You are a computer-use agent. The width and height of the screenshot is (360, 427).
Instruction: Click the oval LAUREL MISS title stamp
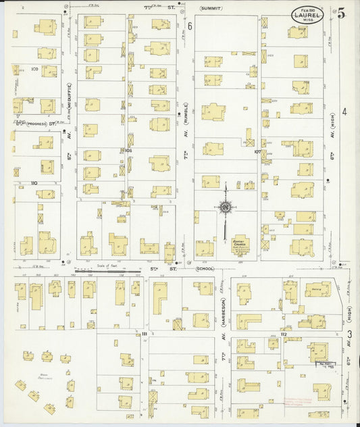click(307, 14)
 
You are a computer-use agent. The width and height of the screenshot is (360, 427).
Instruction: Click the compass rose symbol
click(225, 207)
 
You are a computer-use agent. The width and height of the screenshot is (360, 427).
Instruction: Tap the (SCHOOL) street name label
click(204, 268)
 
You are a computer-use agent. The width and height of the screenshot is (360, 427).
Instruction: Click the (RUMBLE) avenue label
click(186, 111)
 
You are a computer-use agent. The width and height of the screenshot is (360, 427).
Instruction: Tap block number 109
click(35, 69)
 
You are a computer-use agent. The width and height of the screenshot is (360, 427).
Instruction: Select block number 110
click(33, 182)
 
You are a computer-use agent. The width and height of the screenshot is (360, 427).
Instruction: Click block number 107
click(257, 151)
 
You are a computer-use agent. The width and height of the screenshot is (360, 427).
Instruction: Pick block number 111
click(144, 334)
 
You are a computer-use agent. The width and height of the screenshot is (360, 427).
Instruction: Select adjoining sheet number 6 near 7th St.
click(190, 26)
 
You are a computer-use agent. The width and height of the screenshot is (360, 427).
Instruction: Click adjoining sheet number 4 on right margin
click(344, 111)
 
